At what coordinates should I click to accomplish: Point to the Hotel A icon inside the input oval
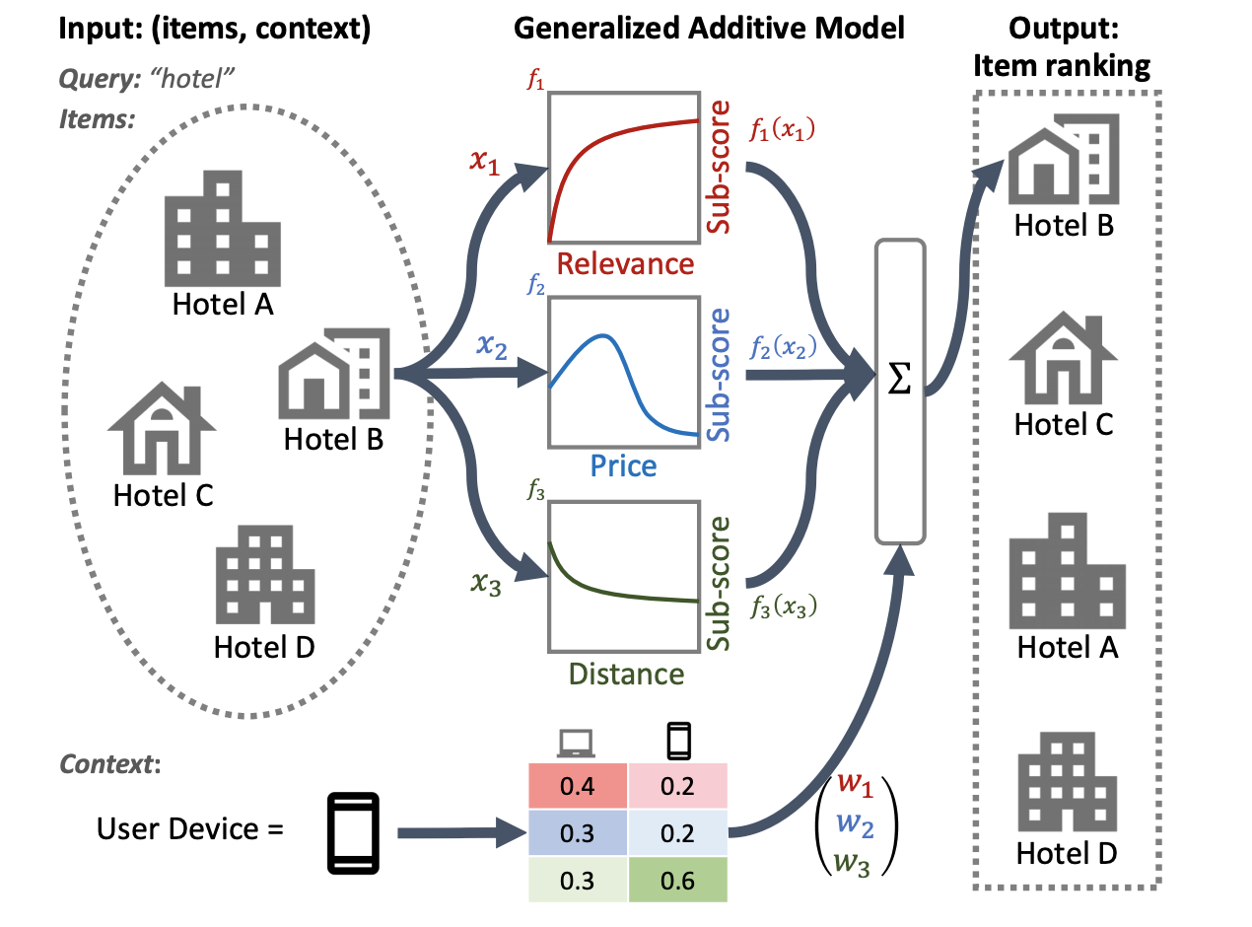(221, 228)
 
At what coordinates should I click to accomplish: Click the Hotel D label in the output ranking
(1065, 853)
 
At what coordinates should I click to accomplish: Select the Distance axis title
(624, 675)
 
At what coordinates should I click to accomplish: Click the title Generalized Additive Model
(709, 29)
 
